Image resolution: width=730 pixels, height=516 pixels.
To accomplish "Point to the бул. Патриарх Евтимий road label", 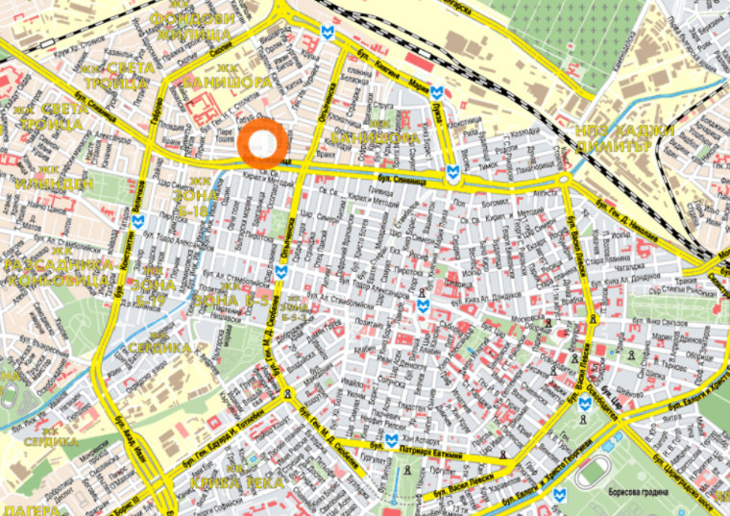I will tap(436, 444).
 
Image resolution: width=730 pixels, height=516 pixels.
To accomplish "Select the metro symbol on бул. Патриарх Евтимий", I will tap(390, 441).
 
